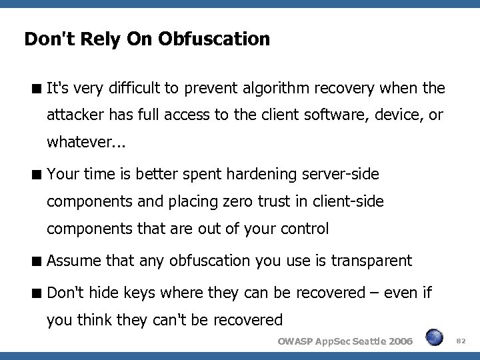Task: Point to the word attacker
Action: [x=75, y=115]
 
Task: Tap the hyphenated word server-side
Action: [x=340, y=175]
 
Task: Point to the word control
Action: [x=305, y=229]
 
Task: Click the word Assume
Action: [x=73, y=261]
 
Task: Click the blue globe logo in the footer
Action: [x=435, y=338]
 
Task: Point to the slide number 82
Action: [x=459, y=341]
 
